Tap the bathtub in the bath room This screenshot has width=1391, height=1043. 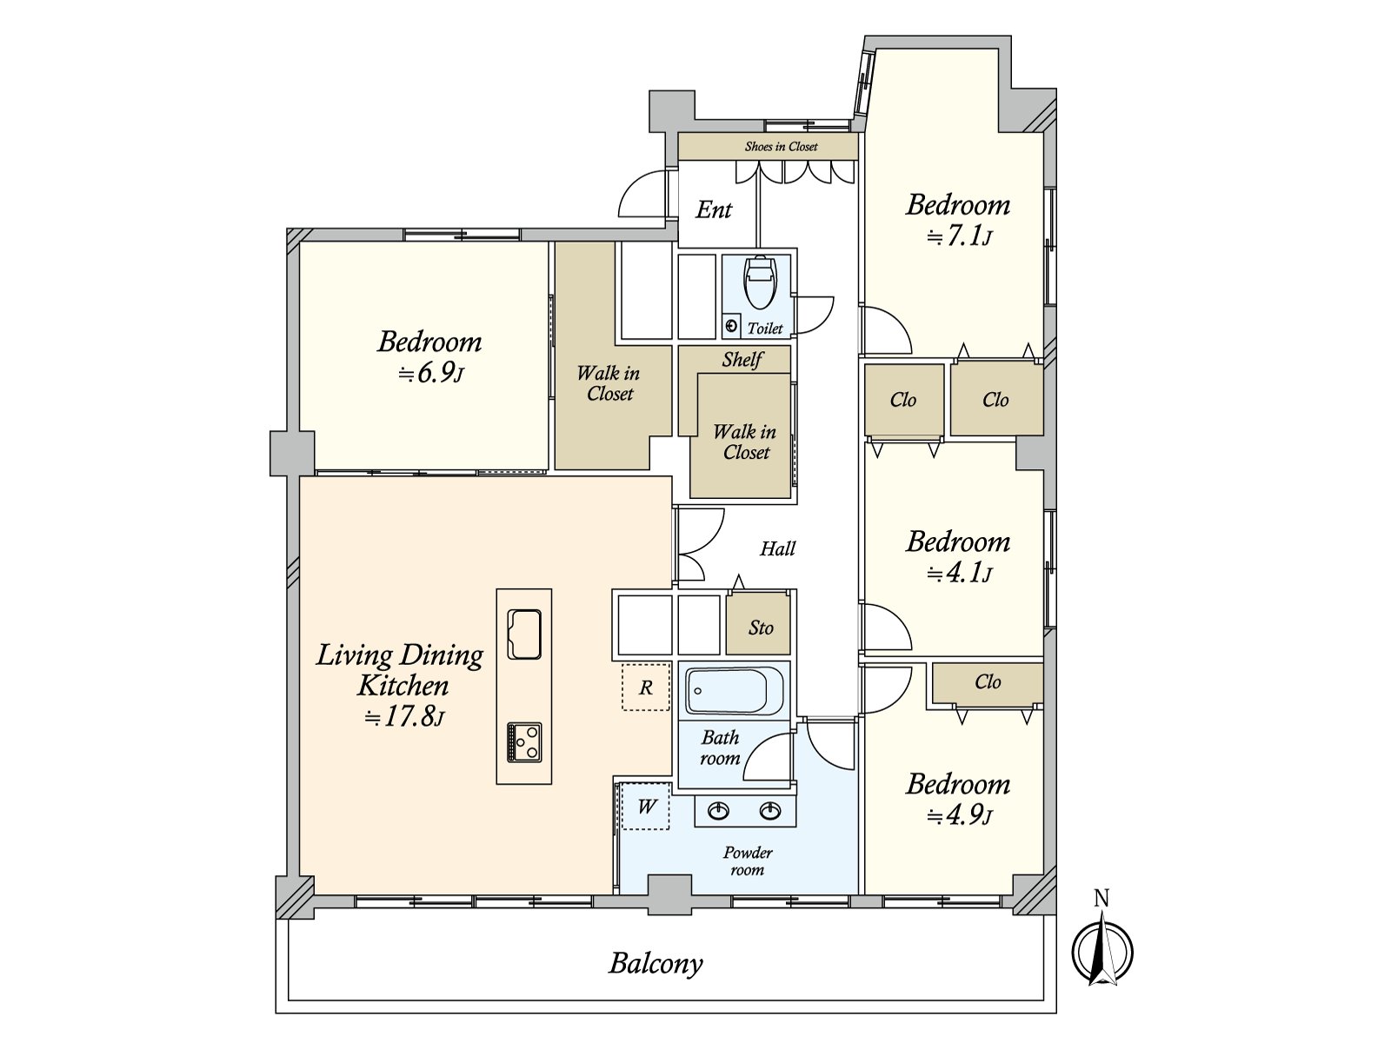point(735,691)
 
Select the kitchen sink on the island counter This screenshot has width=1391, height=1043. point(524,634)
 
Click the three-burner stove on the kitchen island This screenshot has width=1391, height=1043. point(524,742)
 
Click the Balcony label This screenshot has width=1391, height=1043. point(656,964)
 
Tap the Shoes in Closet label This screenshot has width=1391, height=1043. point(781,146)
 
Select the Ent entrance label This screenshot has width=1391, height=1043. point(714,209)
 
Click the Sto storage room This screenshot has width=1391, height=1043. point(759,623)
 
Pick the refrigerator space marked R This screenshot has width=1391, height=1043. point(646,688)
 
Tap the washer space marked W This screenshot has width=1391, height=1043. point(646,807)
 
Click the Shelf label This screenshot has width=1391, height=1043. point(742,360)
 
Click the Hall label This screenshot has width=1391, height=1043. point(777,548)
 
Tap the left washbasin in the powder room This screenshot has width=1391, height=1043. point(718,811)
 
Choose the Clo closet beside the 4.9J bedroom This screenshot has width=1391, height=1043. point(988,682)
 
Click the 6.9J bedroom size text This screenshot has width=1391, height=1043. point(431,374)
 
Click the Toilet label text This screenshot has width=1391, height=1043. point(765,328)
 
